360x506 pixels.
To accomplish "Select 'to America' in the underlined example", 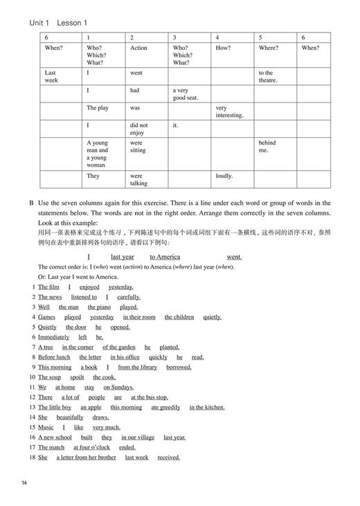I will (165, 257).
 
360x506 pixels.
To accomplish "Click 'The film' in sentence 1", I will (48, 287).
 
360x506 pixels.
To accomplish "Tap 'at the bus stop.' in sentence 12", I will (149, 397).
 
